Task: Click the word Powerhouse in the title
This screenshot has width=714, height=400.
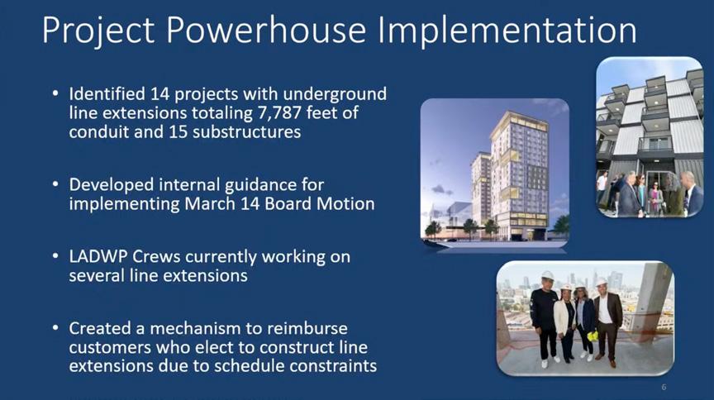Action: click(x=266, y=30)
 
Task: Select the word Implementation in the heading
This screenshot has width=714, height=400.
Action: click(x=507, y=31)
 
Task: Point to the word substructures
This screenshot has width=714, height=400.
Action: click(x=247, y=132)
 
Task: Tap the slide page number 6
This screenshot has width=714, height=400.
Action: click(x=664, y=388)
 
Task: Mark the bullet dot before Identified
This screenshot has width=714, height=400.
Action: click(x=55, y=94)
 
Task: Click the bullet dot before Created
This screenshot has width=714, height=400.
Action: click(x=55, y=328)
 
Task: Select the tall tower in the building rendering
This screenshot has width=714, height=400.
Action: click(x=520, y=175)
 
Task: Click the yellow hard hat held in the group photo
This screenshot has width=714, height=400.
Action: click(x=592, y=336)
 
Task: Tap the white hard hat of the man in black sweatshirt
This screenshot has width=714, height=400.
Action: click(x=547, y=276)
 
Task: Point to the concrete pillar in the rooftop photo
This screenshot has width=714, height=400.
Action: click(x=651, y=302)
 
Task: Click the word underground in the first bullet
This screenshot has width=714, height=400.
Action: click(x=335, y=94)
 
